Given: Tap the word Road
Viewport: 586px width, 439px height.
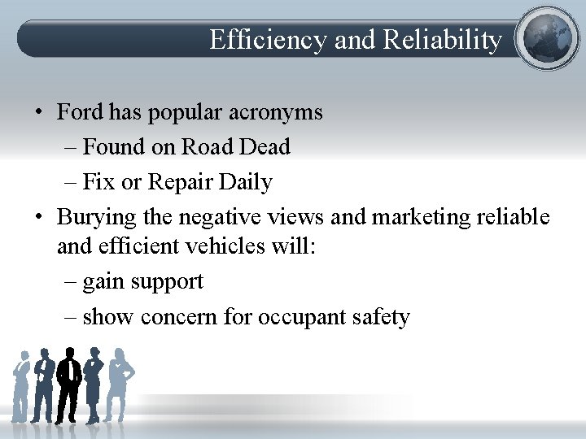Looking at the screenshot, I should [x=207, y=146].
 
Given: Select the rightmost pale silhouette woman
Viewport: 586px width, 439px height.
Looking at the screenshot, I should [x=120, y=382].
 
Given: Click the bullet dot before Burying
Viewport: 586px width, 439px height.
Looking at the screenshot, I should [x=38, y=218].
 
